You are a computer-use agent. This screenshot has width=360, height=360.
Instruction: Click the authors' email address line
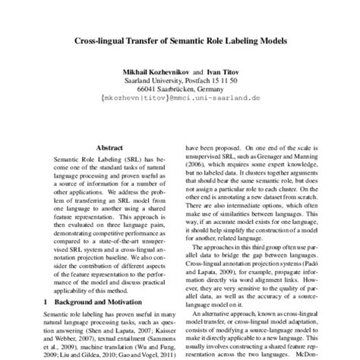tap(179, 98)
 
